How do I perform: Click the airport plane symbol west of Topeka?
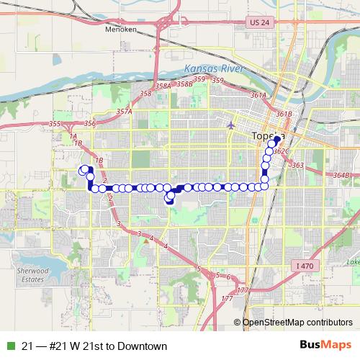click(x=230, y=125)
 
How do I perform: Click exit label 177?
click(x=228, y=299)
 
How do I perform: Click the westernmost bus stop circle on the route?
click(x=82, y=171)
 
